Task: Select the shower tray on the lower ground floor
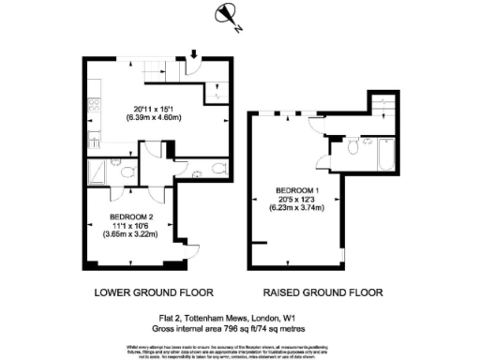[x=97, y=172]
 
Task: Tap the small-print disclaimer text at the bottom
[x=240, y=349]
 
